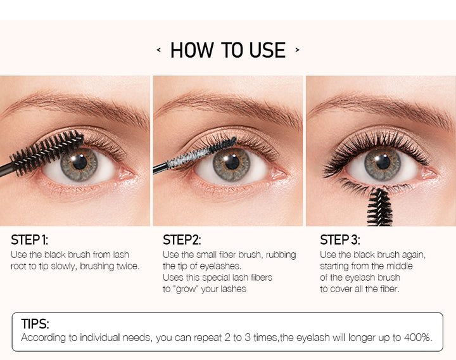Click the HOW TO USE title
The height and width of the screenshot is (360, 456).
(x=228, y=50)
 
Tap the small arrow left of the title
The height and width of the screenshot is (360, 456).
(x=158, y=50)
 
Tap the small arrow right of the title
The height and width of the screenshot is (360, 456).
(x=297, y=50)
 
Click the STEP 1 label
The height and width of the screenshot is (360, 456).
(x=29, y=240)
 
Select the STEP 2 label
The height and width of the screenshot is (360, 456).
(x=182, y=240)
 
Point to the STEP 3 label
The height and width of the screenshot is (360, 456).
(x=340, y=240)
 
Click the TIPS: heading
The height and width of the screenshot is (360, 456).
(x=35, y=324)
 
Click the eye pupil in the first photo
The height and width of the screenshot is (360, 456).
(x=79, y=162)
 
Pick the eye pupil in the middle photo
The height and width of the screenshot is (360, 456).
(x=232, y=162)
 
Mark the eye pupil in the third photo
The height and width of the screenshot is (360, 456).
(x=383, y=162)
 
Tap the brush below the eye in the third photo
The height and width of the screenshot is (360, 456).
(x=379, y=207)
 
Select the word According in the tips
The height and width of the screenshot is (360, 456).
(x=43, y=338)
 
